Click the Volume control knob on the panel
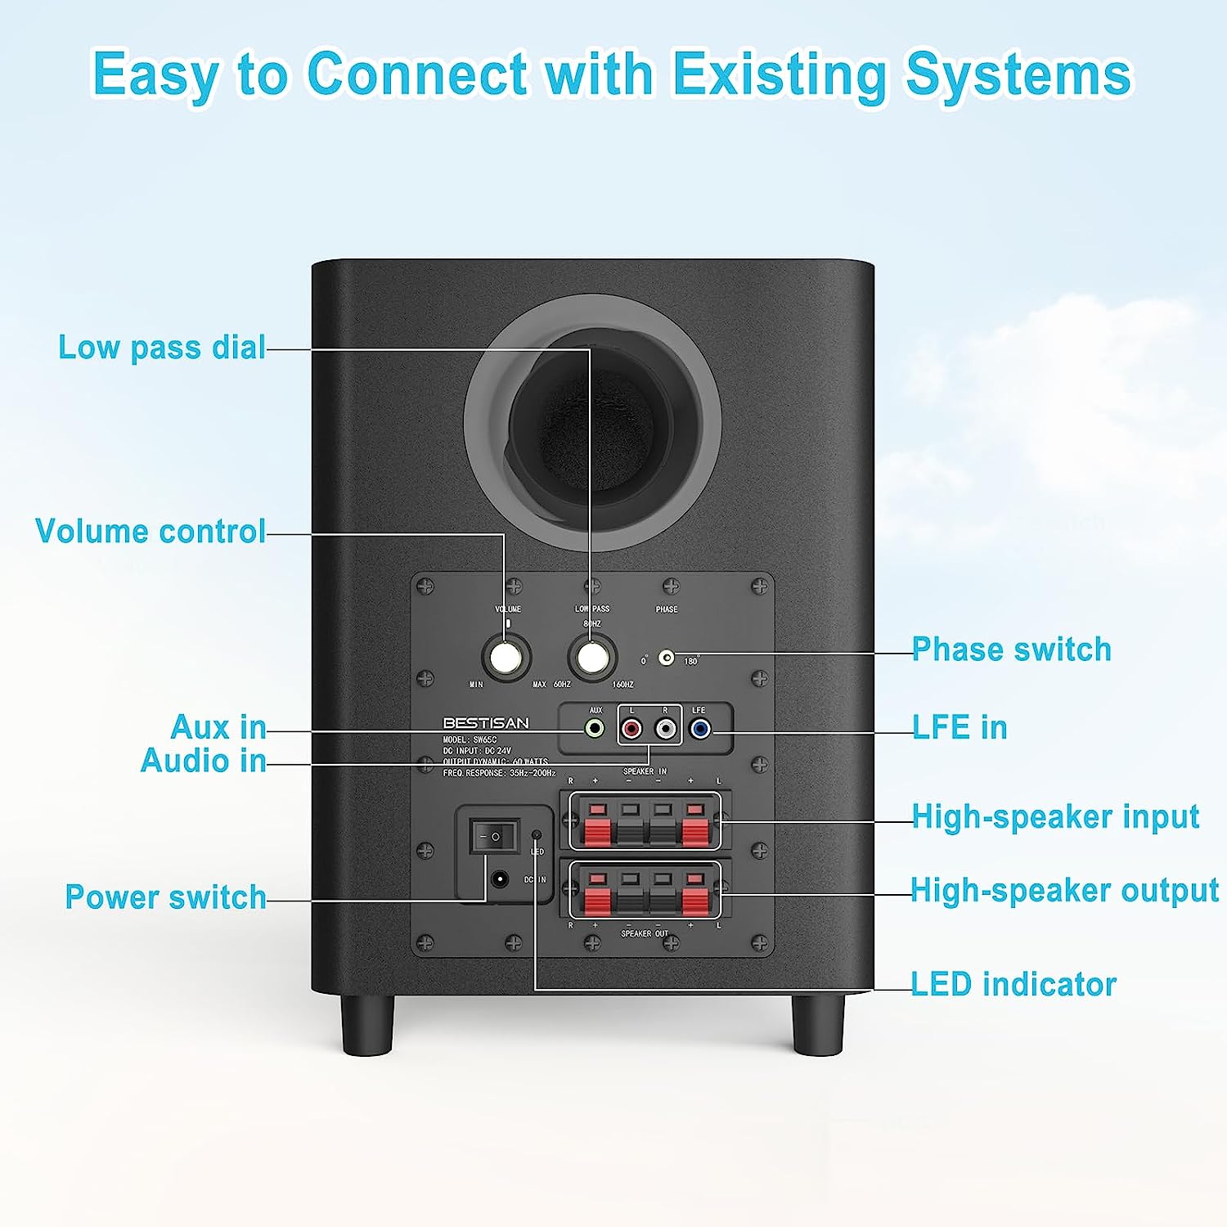point(506,657)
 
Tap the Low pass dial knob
point(591,657)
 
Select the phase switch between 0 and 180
point(667,658)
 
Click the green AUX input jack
point(596,728)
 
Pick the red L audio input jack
point(631,728)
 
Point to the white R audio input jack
point(667,728)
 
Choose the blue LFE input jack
point(699,728)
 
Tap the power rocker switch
point(494,837)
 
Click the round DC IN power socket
point(498,880)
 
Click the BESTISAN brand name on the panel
point(486,723)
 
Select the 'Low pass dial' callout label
point(162,348)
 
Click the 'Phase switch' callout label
point(1012,649)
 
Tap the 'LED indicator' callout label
point(1014,984)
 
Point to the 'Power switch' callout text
point(165,897)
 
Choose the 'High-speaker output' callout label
point(1064,890)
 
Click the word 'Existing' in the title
point(780,75)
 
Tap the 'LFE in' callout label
point(960,727)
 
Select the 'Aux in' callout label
point(218,727)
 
